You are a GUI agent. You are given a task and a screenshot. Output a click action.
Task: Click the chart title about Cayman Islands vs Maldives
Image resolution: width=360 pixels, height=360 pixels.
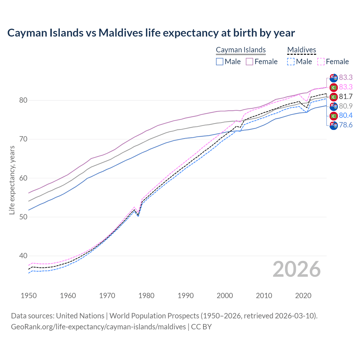(151, 33)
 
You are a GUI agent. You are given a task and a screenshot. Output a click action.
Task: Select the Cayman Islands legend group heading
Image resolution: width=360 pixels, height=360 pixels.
(241, 50)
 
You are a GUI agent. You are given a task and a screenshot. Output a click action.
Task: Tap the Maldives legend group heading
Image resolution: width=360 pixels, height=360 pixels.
(301, 50)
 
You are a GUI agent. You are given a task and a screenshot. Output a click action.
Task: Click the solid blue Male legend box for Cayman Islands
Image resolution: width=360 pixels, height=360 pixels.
(220, 62)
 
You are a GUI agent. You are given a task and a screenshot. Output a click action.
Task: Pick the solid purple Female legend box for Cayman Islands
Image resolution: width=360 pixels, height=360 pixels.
(249, 62)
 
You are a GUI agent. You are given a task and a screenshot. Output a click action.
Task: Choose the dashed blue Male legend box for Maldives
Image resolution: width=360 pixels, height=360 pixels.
(291, 62)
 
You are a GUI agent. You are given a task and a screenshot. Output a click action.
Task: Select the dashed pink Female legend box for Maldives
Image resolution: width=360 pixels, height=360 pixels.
(321, 62)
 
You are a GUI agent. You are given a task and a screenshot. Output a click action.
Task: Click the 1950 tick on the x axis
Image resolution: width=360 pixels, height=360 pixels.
(29, 296)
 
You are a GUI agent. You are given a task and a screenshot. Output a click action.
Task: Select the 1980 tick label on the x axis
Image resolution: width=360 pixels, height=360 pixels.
(146, 296)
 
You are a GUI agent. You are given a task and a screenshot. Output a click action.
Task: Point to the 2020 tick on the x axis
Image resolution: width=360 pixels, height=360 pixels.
(303, 296)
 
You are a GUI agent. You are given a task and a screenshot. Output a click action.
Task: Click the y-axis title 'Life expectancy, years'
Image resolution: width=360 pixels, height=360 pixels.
(12, 180)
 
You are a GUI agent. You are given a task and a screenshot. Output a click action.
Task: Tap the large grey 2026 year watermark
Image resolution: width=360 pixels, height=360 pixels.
(297, 269)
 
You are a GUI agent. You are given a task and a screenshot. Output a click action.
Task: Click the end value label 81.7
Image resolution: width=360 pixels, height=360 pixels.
(346, 97)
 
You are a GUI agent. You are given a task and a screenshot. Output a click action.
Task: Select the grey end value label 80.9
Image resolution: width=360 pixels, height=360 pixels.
(346, 106)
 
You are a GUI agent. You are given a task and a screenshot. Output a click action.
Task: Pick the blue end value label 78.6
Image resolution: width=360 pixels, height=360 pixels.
(346, 125)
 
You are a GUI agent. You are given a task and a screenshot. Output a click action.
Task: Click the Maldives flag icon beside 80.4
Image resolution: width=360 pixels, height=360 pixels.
(334, 116)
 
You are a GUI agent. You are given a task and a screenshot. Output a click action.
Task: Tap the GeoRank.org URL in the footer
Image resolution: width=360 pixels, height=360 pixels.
(98, 327)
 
